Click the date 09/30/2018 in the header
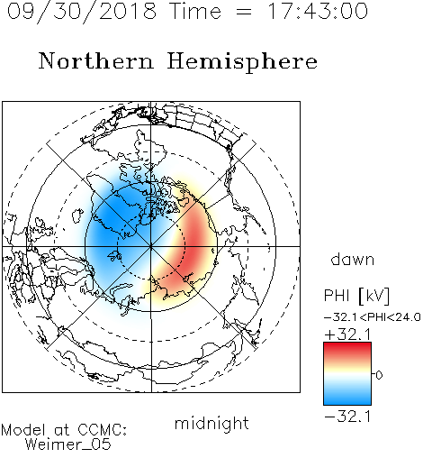point(82,11)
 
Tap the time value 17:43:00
point(318,11)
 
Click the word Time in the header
point(195,11)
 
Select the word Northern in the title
point(96,60)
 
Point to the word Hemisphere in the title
point(242,62)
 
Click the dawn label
point(353,259)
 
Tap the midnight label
point(211,423)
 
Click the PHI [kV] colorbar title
point(356,296)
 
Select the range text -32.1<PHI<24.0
point(373,317)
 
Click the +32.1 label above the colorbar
point(347,334)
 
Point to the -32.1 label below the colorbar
point(347,417)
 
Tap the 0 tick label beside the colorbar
point(379,375)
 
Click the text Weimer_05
point(68,444)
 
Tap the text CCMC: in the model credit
point(103,430)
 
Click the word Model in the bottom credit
point(23,430)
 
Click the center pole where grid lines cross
point(151,246)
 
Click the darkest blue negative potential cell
point(115,218)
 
